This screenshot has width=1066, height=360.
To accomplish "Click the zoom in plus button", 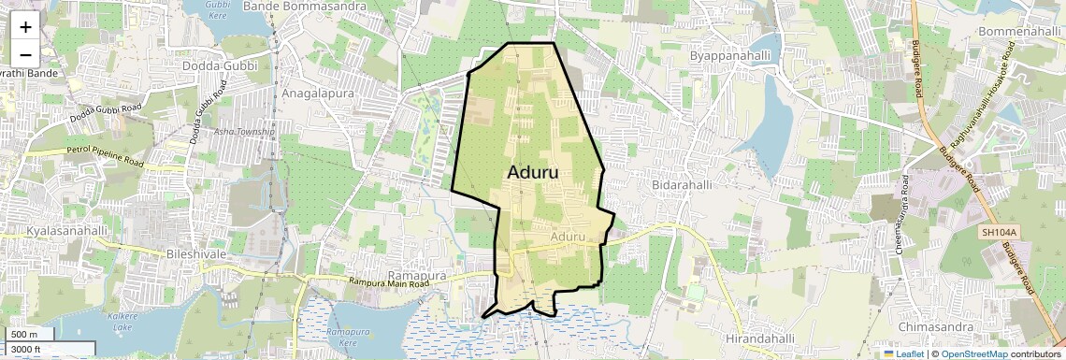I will coord(25,27).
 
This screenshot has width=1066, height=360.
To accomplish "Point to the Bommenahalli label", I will coord(1018,32).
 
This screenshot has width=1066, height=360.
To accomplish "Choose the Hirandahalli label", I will coord(759,338).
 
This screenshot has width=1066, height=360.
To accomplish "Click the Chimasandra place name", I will coord(937,327).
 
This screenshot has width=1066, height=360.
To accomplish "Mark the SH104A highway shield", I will coord(1000,232).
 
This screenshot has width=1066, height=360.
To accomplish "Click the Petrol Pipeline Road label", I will coord(104,156).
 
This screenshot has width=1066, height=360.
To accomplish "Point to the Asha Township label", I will coord(244,132).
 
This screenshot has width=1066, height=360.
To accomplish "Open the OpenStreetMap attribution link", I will coord(973,353).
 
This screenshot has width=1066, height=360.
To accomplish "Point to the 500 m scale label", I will coord(25,335).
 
